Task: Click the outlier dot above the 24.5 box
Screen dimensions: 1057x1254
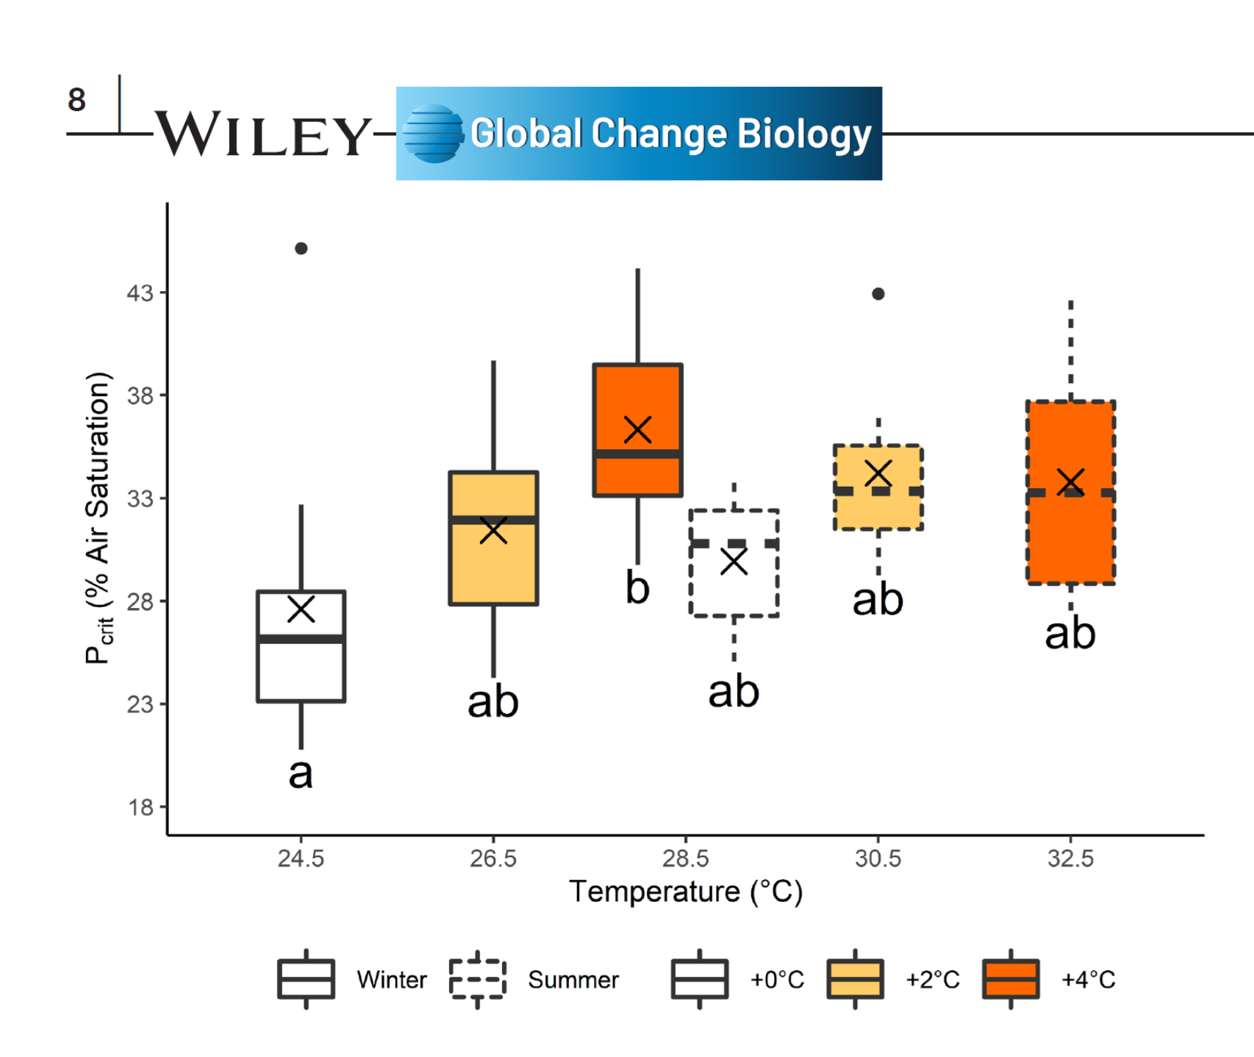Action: click(301, 248)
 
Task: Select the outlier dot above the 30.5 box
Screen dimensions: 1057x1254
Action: click(878, 294)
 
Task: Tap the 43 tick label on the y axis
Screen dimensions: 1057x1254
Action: click(140, 293)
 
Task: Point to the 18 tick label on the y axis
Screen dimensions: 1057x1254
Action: click(140, 808)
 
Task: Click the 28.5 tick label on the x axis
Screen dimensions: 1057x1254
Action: click(685, 859)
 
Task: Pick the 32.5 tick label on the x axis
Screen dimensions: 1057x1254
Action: click(1070, 859)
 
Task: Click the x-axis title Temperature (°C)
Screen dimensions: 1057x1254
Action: click(685, 892)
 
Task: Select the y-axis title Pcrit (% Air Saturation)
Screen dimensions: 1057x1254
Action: click(98, 518)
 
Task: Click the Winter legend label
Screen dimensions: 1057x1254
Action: click(391, 980)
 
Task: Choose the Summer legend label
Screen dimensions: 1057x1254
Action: click(573, 980)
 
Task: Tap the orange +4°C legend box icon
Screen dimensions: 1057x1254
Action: click(1011, 979)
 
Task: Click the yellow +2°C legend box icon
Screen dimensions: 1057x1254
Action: click(855, 979)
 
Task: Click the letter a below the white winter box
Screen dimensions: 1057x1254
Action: click(301, 773)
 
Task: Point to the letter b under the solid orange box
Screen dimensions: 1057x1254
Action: click(637, 588)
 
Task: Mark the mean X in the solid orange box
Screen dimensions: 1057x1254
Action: click(637, 430)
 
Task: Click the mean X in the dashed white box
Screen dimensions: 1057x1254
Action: click(734, 562)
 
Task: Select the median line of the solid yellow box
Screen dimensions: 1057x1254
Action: click(493, 520)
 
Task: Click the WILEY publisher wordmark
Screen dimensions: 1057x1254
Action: click(262, 134)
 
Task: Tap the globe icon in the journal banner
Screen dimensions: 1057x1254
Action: click(434, 133)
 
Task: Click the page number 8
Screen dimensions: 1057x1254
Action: click(77, 100)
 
